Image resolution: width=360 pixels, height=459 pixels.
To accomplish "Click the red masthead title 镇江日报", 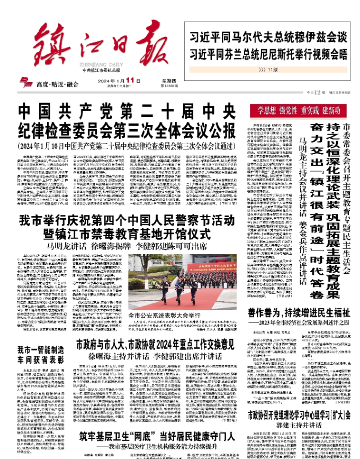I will pyautogui.click(x=93, y=40).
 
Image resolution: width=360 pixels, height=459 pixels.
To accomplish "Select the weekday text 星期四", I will pyautogui.click(x=154, y=79).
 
